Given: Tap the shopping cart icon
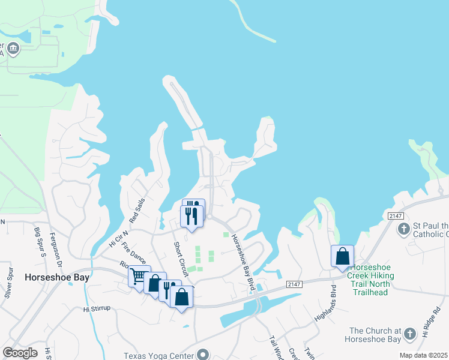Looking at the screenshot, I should click(139, 277).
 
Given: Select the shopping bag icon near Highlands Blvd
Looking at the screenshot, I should click(342, 256).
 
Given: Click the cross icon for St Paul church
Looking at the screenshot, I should click(405, 229).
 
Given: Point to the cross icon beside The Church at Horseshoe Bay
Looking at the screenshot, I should click(410, 334).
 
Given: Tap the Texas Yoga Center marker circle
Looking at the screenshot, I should click(202, 355).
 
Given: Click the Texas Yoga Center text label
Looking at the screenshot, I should click(159, 355).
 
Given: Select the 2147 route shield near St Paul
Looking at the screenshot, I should click(394, 216).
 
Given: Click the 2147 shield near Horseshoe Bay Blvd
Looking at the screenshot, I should click(292, 284).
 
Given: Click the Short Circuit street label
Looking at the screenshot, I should click(181, 259).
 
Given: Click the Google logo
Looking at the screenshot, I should click(20, 353).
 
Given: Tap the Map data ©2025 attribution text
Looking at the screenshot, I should click(423, 355).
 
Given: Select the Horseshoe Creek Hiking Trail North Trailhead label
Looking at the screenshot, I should click(380, 277).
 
